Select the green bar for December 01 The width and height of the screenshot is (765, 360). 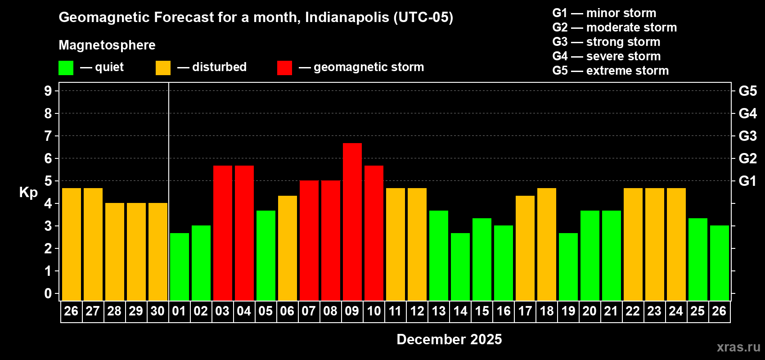point(179,266)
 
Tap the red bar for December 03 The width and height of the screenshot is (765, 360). point(222,233)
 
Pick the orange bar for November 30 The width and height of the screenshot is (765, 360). point(157,252)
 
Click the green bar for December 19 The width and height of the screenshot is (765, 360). point(568,266)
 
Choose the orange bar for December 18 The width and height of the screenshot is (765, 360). point(546,244)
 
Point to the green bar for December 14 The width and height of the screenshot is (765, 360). point(460,266)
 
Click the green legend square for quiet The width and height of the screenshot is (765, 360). point(66,68)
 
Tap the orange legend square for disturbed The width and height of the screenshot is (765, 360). point(163,68)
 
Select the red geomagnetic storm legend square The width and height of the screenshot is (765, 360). point(284,68)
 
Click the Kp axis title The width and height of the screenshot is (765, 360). point(28,193)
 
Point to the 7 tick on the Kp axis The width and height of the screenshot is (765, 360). point(48,136)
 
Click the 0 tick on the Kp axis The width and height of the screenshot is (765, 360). point(48,293)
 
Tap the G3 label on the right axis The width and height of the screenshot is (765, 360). point(747,136)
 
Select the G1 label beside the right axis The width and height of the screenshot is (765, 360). point(747,181)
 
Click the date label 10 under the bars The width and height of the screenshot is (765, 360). point(373,311)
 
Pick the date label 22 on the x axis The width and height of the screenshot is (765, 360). point(633,311)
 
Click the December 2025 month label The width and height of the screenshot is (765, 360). point(449,339)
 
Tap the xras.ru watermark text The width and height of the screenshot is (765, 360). point(738,347)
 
